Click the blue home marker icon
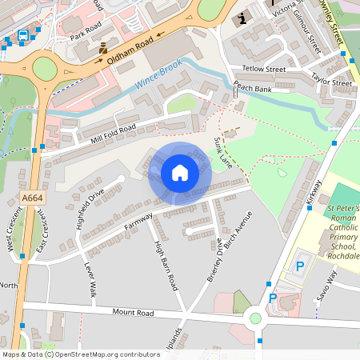pos(179,173)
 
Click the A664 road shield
pos(33,198)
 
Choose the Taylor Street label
pos(330,82)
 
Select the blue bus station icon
pos(23,35)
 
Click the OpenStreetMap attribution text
pos(80,354)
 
